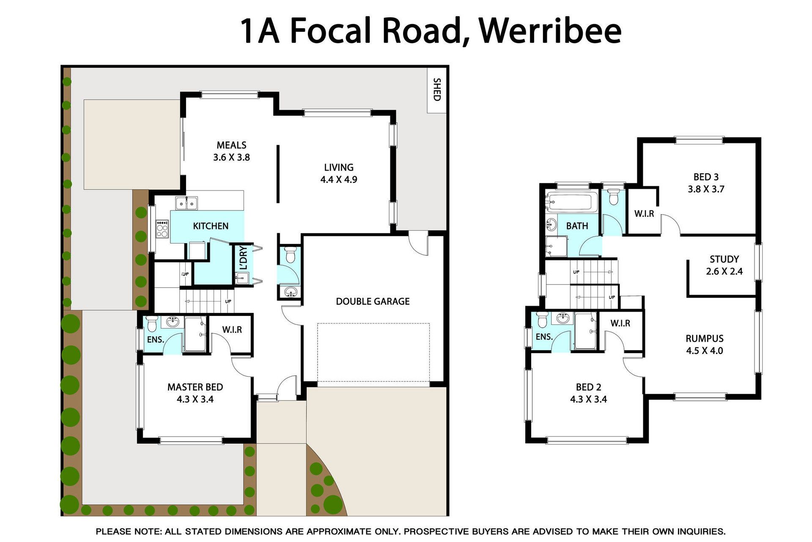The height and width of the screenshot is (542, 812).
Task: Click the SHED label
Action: pyautogui.click(x=437, y=89)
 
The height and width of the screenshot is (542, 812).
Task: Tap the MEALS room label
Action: pyautogui.click(x=231, y=145)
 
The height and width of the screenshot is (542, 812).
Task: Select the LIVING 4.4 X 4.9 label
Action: pyautogui.click(x=339, y=174)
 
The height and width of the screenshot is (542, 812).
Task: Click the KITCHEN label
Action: pyautogui.click(x=211, y=226)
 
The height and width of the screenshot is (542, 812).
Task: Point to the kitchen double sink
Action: pyautogui.click(x=187, y=203)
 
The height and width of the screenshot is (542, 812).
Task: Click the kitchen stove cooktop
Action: pyautogui.click(x=162, y=229)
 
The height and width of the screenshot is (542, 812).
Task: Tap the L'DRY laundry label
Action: pyautogui.click(x=243, y=258)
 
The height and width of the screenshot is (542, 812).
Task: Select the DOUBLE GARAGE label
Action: pyautogui.click(x=373, y=301)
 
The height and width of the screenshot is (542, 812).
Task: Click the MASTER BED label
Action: pyautogui.click(x=195, y=387)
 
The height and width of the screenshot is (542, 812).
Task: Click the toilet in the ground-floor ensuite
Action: pyautogui.click(x=152, y=324)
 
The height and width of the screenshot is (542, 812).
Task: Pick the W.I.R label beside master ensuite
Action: pyautogui.click(x=232, y=330)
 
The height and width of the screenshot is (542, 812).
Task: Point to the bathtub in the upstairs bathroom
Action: pyautogui.click(x=571, y=202)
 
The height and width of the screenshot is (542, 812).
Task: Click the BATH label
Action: pyautogui.click(x=577, y=226)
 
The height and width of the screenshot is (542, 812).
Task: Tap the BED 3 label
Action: pyautogui.click(x=706, y=177)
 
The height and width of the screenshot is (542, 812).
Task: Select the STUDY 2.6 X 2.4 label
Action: pyautogui.click(x=724, y=265)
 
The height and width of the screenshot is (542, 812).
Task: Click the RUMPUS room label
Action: pyautogui.click(x=705, y=339)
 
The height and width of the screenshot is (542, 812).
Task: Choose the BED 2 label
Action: pyautogui.click(x=588, y=387)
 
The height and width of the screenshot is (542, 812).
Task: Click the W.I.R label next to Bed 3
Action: pyautogui.click(x=644, y=214)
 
